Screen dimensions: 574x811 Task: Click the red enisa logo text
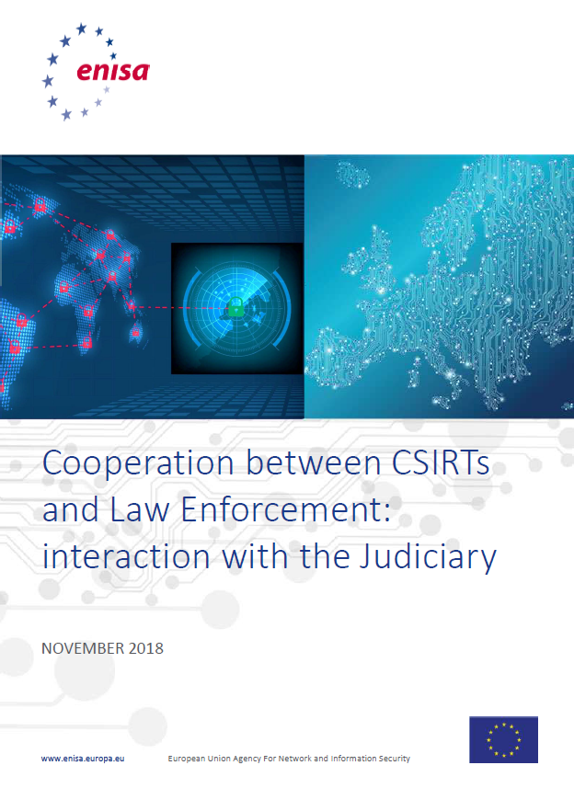tap(113, 71)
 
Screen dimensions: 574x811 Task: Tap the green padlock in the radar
tap(235, 307)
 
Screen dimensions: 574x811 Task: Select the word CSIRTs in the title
tap(441, 463)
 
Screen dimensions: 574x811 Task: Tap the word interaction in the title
tap(126, 556)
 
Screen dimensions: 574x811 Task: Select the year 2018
tap(146, 648)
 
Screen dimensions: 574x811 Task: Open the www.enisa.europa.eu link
tap(83, 759)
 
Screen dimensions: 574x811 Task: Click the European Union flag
tap(503, 739)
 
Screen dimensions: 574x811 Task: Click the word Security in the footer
tap(394, 759)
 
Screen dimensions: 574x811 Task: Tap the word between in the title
tap(313, 463)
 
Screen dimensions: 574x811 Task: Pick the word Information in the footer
tap(353, 759)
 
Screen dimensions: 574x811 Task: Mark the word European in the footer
tap(187, 759)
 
